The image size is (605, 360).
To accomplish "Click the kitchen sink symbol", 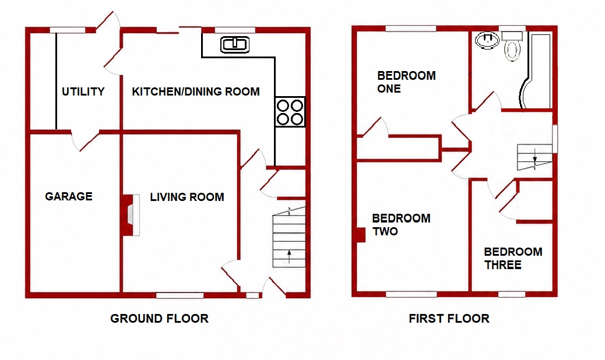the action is click(234, 45).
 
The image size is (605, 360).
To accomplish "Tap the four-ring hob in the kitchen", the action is click(290, 112).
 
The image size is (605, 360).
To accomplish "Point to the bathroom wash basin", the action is click(487, 40).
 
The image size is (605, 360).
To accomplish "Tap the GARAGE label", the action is click(69, 196).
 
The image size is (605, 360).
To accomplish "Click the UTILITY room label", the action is click(83, 91).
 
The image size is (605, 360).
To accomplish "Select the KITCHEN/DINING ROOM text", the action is click(196, 91).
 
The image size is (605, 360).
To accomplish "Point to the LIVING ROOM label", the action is click(187, 197).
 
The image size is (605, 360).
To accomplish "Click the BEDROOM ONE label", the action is click(406, 82).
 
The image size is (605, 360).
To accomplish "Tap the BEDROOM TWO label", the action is click(401, 225).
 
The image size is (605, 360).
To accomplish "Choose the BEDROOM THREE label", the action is click(513, 258).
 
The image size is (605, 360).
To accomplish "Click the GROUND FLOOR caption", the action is click(159, 319).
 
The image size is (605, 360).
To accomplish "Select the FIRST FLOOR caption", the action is click(449, 319).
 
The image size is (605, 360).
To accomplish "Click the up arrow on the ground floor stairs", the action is click(289, 256).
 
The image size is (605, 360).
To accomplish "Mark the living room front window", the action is click(180, 295).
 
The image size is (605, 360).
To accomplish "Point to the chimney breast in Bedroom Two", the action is click(360, 235).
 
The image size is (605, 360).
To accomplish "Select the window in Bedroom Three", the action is click(512, 294).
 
